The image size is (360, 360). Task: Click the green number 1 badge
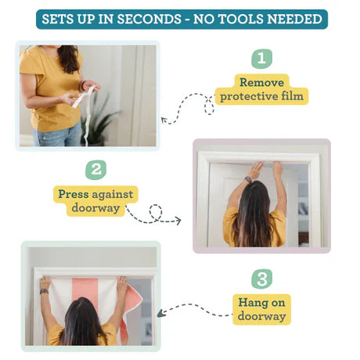261,59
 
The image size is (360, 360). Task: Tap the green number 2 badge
95,170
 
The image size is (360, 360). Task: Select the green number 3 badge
262,279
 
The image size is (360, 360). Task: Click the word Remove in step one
261,82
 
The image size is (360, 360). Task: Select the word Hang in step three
253,303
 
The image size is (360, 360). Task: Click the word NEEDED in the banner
295,20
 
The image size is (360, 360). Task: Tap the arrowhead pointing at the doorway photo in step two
178,221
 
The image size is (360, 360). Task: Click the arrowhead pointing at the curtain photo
160,313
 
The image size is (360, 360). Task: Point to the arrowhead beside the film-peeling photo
164,120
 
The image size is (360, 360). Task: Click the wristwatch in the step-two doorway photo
248,179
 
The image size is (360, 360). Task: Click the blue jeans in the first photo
58,135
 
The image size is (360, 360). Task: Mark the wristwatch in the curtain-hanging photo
44,291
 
